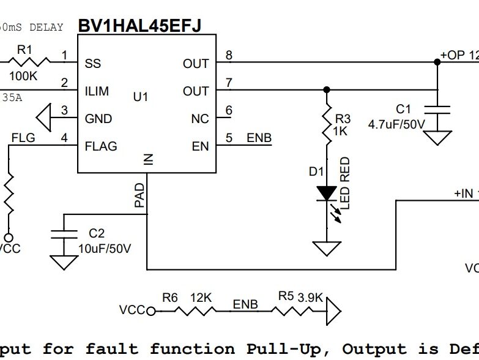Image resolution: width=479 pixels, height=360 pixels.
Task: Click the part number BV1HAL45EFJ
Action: tap(139, 25)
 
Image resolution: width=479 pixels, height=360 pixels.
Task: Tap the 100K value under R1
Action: tap(24, 77)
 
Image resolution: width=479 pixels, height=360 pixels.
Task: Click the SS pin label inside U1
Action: tap(93, 64)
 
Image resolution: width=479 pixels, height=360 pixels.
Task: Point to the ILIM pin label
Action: tap(97, 91)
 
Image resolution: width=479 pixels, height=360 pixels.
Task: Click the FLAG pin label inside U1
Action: tap(101, 146)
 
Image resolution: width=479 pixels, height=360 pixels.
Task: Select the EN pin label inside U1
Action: tap(200, 146)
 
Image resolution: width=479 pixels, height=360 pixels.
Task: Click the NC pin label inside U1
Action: tap(200, 119)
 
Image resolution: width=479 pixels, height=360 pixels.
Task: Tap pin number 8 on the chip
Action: tap(229, 56)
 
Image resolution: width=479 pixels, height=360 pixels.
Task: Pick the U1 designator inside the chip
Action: tap(141, 97)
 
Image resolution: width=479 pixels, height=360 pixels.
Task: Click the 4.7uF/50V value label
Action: tap(396, 124)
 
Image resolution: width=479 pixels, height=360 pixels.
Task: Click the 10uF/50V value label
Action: tap(105, 249)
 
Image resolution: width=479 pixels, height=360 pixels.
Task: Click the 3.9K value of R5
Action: tap(310, 297)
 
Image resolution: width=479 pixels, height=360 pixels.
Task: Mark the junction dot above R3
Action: tap(327, 90)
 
